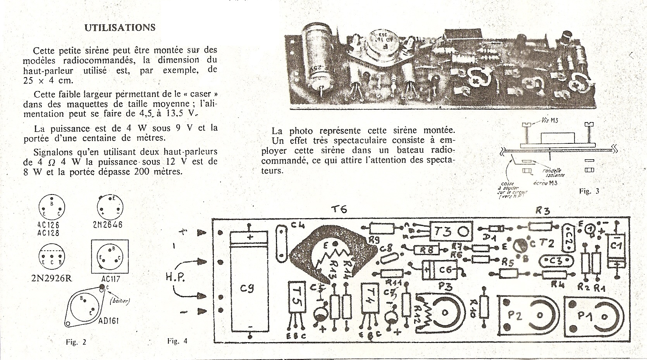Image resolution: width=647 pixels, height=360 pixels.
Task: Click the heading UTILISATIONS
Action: click(x=120, y=28)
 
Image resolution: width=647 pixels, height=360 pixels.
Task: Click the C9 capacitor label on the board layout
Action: click(x=246, y=288)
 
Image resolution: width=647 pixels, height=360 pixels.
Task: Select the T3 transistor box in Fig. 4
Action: click(x=450, y=232)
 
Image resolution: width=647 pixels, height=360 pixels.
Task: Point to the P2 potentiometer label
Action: click(x=515, y=315)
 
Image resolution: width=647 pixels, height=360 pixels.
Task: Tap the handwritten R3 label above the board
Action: click(x=542, y=210)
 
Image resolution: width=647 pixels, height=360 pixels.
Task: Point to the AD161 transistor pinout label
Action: click(x=108, y=321)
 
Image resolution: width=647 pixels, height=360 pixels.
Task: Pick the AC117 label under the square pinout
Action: click(x=110, y=279)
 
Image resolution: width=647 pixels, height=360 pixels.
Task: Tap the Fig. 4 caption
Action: click(x=177, y=341)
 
